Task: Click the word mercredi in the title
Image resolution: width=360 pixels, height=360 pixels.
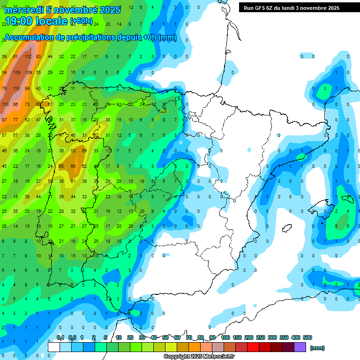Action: click(25, 10)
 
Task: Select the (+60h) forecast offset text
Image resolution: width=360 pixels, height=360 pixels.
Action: click(81, 22)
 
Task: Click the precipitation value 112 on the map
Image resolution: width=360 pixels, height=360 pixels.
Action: click(28, 57)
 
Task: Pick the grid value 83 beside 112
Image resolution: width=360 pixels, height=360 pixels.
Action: click(39, 57)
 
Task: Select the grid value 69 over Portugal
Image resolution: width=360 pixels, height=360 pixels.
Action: click(84, 151)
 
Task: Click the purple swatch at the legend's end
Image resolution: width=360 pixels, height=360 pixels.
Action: click(300, 347)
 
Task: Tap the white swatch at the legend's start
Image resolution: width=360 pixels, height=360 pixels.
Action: click(54, 347)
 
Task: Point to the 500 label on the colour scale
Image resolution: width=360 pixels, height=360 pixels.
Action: click(307, 337)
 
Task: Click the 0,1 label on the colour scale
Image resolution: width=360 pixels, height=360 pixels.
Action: click(60, 337)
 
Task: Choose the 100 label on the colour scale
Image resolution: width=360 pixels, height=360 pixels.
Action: click(225, 337)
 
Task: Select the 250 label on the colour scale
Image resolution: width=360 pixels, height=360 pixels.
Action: click(260, 337)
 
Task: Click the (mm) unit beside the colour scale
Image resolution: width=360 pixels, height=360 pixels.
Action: click(317, 348)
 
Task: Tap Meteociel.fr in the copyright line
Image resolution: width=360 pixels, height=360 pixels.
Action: click(218, 357)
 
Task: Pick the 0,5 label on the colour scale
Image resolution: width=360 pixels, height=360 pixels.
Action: click(72, 337)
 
